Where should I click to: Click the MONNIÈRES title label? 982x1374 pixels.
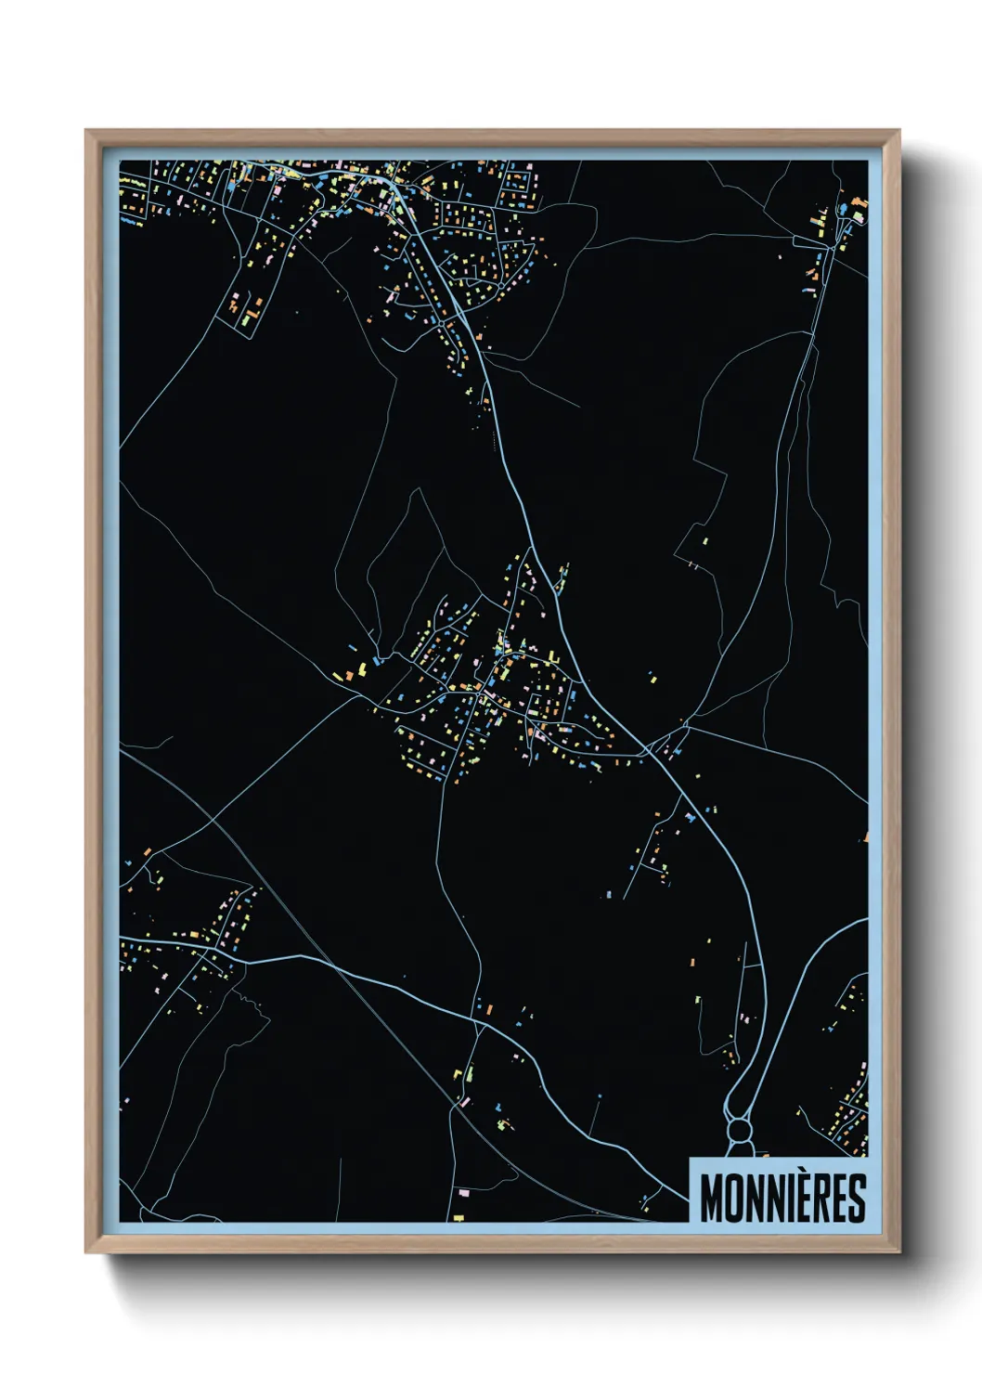pyautogui.click(x=782, y=1198)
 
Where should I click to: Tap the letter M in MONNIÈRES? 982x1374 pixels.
pyautogui.click(x=712, y=1199)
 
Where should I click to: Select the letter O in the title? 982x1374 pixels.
pyautogui.click(x=737, y=1199)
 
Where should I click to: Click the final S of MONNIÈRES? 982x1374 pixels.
pyautogui.click(x=856, y=1199)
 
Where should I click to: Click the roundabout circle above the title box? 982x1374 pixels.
pyautogui.click(x=739, y=1130)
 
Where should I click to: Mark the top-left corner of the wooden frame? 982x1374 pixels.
pyautogui.click(x=86, y=131)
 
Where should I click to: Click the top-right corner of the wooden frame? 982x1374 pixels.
pyautogui.click(x=898, y=131)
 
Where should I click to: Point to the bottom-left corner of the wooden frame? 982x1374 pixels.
pyautogui.click(x=86, y=1251)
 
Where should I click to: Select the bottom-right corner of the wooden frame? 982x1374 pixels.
pyautogui.click(x=898, y=1251)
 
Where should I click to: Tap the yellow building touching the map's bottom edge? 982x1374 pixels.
pyautogui.click(x=459, y=1216)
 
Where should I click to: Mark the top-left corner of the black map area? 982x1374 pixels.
pyautogui.click(x=121, y=162)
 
